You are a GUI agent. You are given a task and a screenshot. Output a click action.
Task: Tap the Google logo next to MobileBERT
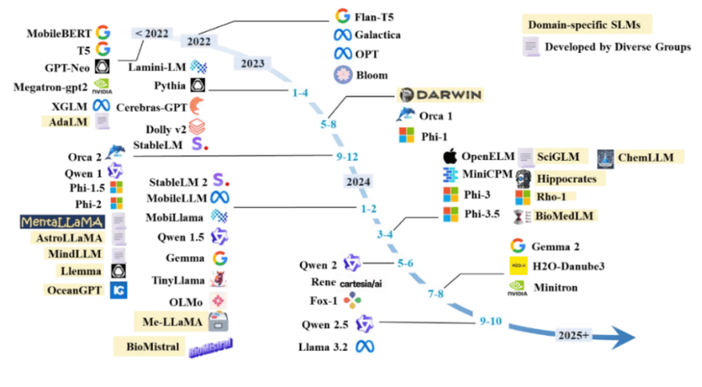pos(103,31)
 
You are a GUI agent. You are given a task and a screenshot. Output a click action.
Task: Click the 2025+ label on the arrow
pos(575,336)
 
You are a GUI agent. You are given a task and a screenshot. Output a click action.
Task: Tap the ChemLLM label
pos(646,157)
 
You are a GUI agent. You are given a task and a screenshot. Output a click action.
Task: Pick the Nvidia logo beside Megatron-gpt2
pos(103,86)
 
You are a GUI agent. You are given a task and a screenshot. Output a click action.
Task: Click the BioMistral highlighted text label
pos(153,347)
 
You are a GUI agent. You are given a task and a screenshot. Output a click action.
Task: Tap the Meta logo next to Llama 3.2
pos(364,347)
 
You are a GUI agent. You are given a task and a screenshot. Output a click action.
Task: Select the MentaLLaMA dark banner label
pos(62,222)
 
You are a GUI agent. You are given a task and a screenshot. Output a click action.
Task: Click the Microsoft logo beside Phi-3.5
pos(451,214)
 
